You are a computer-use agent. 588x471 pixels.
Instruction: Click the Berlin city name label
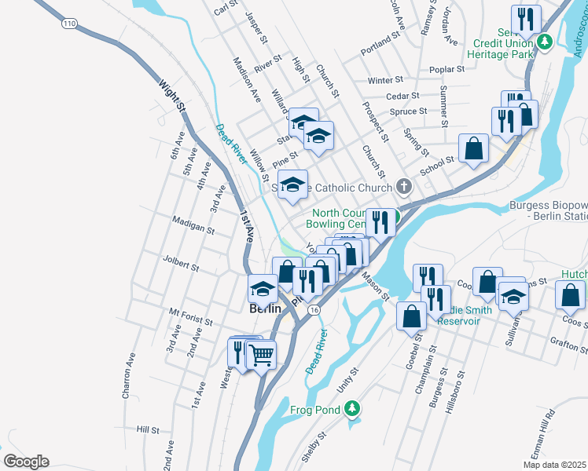click(x=264, y=309)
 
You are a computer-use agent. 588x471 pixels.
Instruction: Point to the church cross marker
click(x=404, y=187)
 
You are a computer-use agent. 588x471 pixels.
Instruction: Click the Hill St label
click(x=148, y=430)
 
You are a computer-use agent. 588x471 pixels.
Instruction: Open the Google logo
click(x=26, y=462)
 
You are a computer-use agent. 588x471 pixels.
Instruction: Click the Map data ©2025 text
click(x=554, y=465)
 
